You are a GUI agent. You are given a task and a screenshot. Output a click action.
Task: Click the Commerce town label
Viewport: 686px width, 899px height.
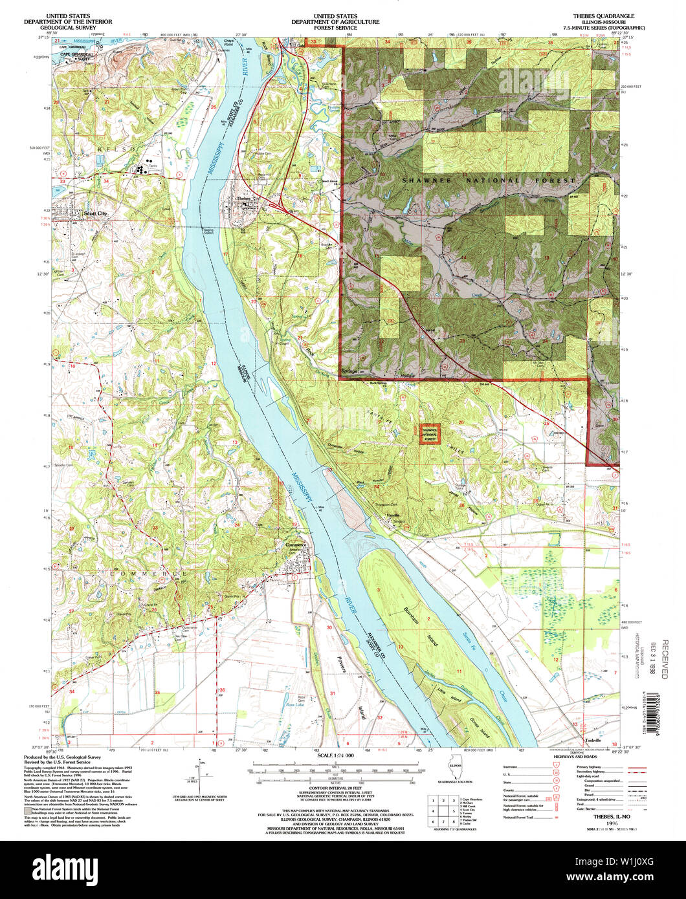[x=298, y=545]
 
